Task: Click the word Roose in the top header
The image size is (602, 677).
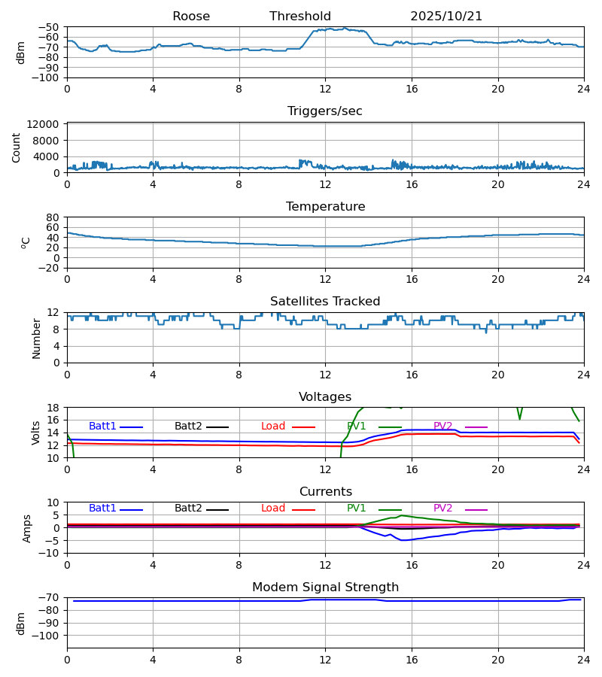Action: point(191,17)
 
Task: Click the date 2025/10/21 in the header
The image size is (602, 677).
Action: point(446,17)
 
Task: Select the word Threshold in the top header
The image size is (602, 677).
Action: point(300,17)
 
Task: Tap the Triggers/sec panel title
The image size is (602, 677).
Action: point(325,111)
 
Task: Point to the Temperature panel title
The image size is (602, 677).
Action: point(325,207)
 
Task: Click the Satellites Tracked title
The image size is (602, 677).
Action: point(325,302)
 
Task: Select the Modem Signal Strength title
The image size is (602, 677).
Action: point(325,587)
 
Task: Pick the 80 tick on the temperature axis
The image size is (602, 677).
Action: point(53,217)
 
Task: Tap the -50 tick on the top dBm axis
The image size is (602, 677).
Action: point(50,27)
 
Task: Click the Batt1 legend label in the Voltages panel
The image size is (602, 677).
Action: point(102,427)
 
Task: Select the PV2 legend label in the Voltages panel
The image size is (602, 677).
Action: point(443,427)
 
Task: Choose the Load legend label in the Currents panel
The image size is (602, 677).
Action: point(273,509)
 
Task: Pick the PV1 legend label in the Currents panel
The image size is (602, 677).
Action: point(357,509)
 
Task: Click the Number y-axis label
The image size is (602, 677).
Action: point(37,338)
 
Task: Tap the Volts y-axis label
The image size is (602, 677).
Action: point(37,433)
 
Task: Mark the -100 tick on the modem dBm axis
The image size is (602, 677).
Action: point(47,636)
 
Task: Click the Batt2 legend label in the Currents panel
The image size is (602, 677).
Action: point(188,509)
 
